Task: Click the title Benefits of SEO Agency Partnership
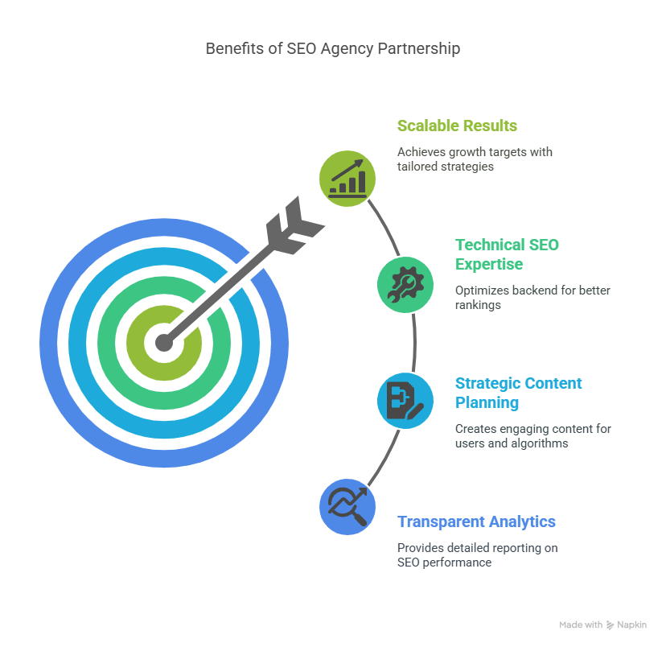pos(332,49)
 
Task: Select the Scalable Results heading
pos(457,126)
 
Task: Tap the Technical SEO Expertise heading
pos(507,254)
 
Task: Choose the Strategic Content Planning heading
pos(518,393)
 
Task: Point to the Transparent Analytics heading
pos(476,521)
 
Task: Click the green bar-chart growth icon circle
pos(347,179)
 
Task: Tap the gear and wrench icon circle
pos(405,285)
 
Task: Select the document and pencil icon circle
pos(405,401)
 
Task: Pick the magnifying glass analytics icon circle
pos(347,507)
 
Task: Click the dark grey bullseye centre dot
pos(164,343)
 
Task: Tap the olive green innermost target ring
pos(135,343)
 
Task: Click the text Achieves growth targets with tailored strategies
pos(475,159)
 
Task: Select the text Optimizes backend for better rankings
pos(532,298)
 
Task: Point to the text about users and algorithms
pos(533,436)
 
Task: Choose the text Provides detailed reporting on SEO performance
pos(478,554)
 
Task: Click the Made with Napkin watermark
pos(602,625)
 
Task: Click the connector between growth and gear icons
pos(385,226)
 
